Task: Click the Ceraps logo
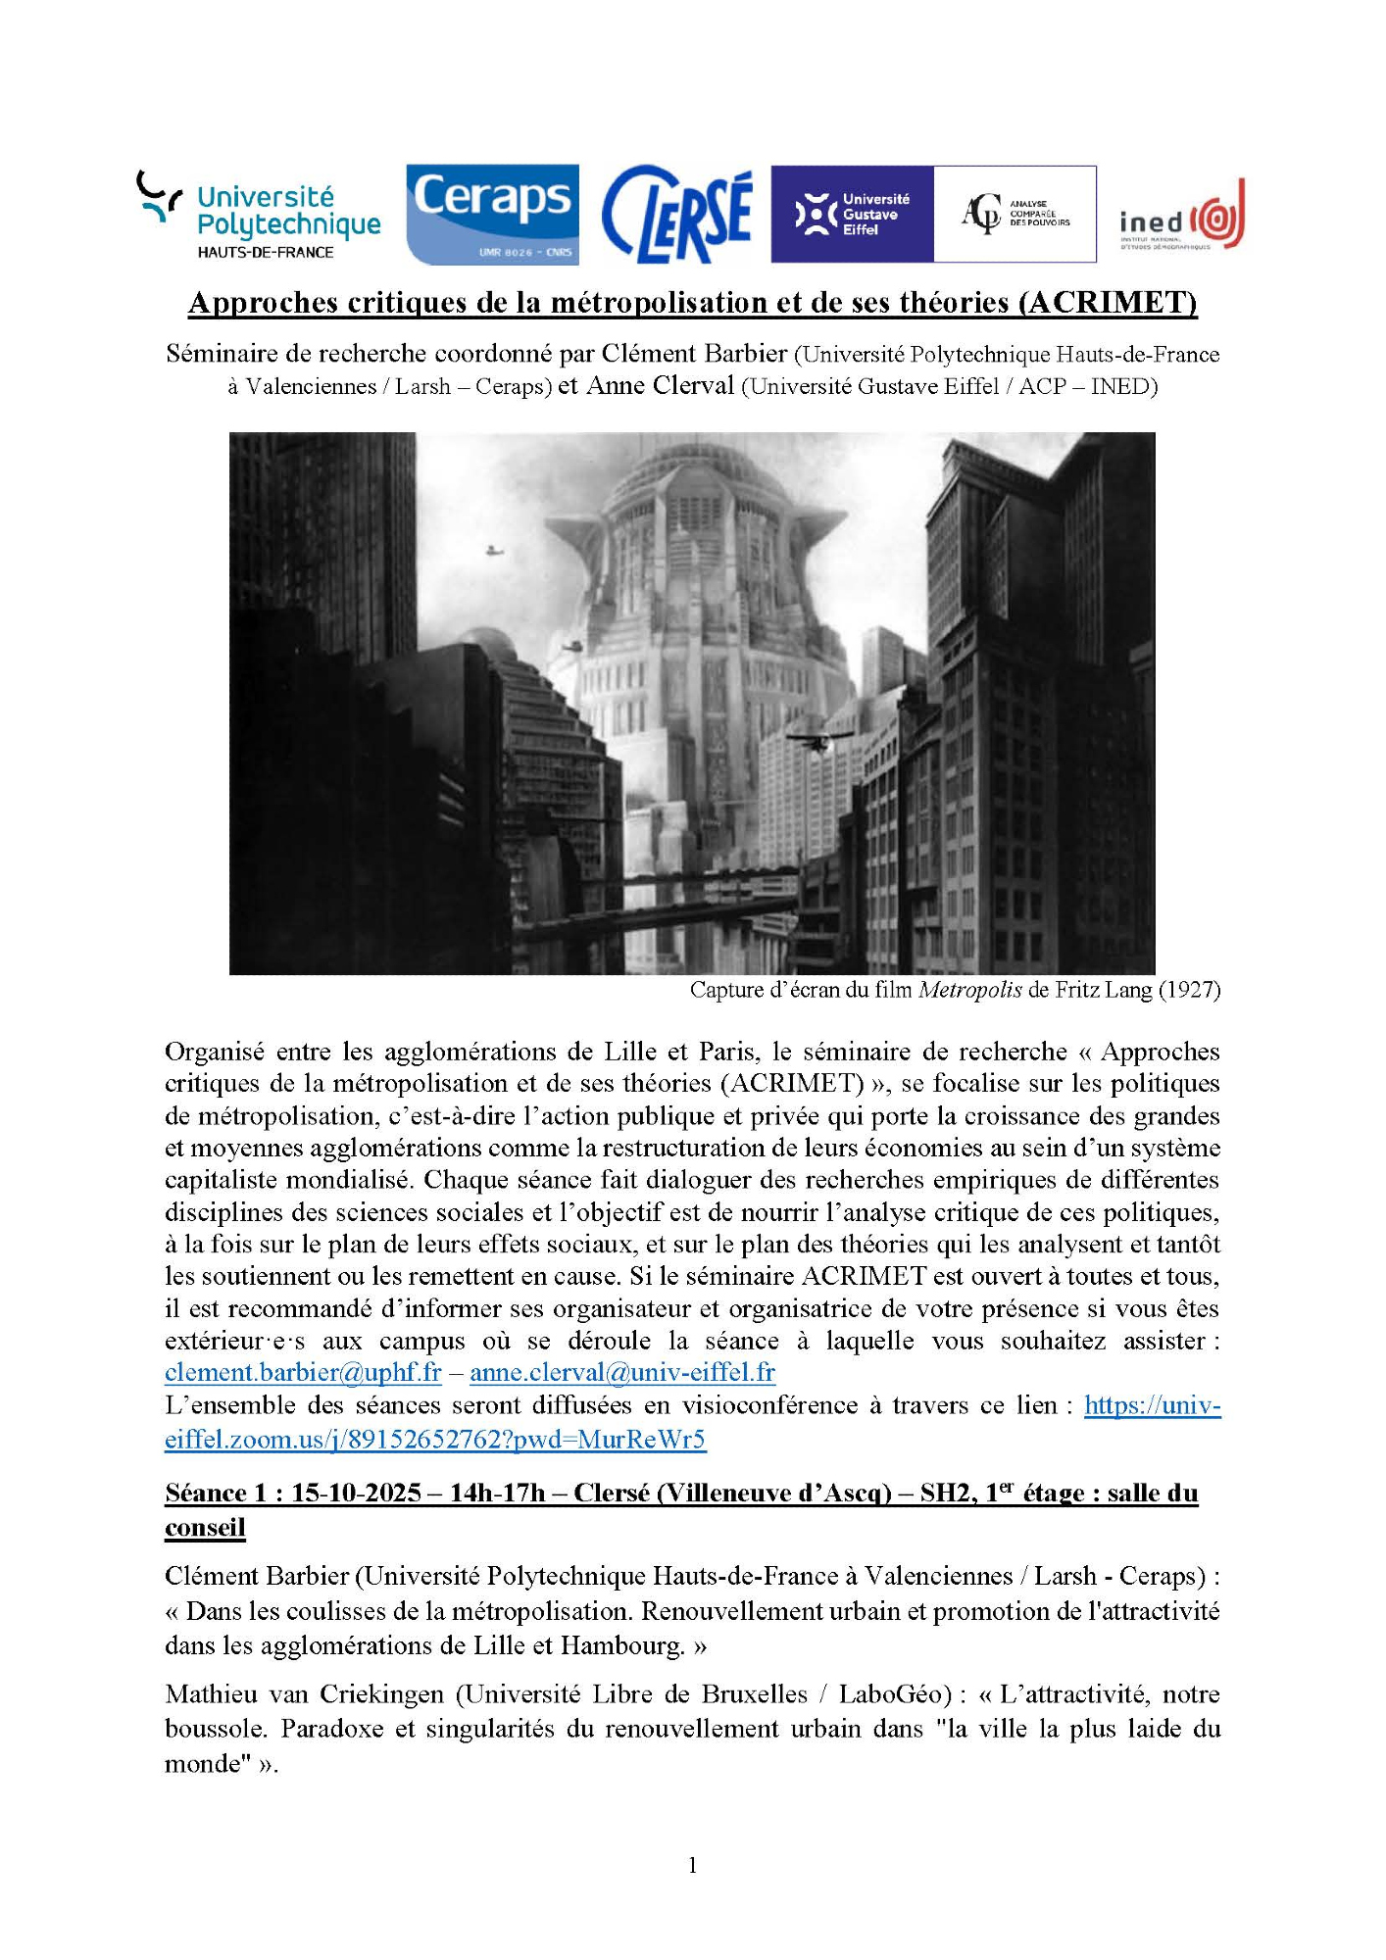pos(492,214)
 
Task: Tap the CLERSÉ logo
pos(676,215)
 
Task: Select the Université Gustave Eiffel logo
pos(852,214)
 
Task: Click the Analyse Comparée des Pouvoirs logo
pos(1015,214)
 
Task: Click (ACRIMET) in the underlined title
pos(1108,303)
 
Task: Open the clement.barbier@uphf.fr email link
pos(303,1373)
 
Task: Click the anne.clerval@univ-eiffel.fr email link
pos(622,1373)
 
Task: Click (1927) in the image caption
pos(1189,990)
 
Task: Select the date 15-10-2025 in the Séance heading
pos(356,1493)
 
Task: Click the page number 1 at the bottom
pos(693,1865)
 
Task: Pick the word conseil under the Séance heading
pos(205,1527)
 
